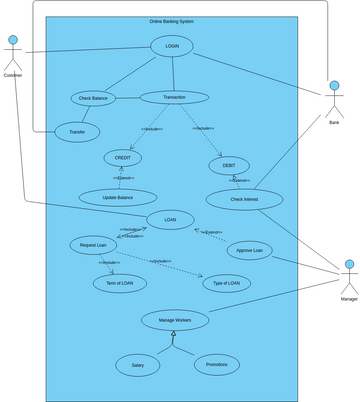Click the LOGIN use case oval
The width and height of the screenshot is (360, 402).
tap(172, 46)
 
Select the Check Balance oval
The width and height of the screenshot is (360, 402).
tap(93, 98)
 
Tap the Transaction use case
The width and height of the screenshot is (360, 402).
tap(174, 97)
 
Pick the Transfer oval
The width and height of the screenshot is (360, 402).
tap(77, 131)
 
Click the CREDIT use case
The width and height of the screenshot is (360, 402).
tap(123, 158)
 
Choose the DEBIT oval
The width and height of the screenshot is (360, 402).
tap(229, 165)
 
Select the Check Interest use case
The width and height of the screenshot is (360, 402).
tap(243, 199)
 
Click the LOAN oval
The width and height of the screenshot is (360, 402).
tap(170, 219)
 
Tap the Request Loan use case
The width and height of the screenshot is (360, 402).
tap(94, 244)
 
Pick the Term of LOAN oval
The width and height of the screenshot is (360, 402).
tap(120, 283)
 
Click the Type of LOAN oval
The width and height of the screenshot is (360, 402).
tap(227, 284)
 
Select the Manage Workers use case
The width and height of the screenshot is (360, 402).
tap(174, 320)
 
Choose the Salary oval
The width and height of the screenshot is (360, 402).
tap(138, 365)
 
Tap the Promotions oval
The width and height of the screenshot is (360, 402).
tap(216, 364)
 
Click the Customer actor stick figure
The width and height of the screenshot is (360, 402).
tap(13, 55)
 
